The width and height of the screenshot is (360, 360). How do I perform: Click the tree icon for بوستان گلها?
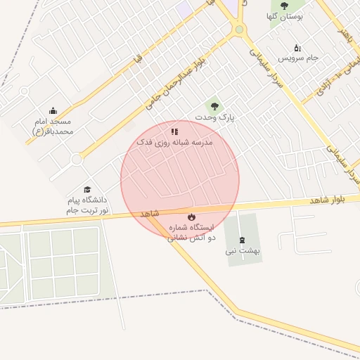[284, 6]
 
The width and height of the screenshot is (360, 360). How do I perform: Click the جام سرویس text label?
[302, 58]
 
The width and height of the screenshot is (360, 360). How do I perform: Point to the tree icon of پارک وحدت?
[214, 105]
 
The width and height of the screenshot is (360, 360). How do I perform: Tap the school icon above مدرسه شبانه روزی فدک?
[174, 131]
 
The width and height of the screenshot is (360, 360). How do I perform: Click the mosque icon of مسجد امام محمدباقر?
[53, 110]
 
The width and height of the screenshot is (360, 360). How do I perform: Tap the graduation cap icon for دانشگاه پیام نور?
[88, 189]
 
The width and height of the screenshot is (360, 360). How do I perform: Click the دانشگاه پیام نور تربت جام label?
[87, 205]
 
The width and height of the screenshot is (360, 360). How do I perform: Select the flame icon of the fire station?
[191, 217]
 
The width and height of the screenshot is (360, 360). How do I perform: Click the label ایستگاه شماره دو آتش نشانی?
[189, 233]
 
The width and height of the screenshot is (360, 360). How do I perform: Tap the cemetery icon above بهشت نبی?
[243, 240]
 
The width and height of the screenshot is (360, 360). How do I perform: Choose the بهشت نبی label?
[243, 250]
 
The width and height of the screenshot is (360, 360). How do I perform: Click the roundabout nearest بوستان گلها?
[240, 30]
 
